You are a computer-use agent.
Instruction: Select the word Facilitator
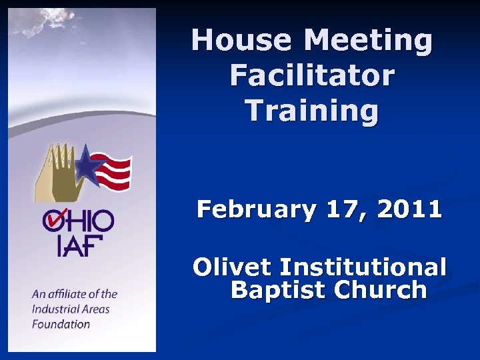point(312,75)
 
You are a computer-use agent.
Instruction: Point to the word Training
point(312,111)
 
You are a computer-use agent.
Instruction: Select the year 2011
point(409,209)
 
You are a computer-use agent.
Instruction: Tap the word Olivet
point(233,267)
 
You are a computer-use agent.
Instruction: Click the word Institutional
point(363,267)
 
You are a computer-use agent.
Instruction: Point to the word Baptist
point(277,290)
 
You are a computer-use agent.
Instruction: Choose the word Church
point(380,290)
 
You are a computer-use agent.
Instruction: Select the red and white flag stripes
point(114,171)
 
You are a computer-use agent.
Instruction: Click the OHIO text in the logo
point(79,220)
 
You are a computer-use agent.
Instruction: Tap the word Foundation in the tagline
point(61,324)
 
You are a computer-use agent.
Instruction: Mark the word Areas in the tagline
point(96,309)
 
